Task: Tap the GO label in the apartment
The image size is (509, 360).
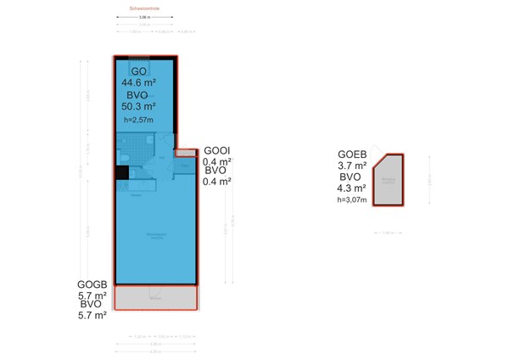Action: tap(138, 70)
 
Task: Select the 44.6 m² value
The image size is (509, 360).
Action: tap(138, 82)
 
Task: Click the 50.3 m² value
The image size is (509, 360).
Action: tap(138, 107)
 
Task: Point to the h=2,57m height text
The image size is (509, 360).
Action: tap(137, 121)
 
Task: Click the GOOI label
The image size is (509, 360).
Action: tap(217, 151)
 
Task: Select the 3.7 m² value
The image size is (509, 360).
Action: tap(351, 166)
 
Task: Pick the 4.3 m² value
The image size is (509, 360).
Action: tap(351, 188)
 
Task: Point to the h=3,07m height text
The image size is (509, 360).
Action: tap(351, 200)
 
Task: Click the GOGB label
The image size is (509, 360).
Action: tap(92, 284)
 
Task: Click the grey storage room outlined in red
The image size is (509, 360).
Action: tap(389, 182)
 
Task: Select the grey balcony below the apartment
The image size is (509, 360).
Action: tap(155, 297)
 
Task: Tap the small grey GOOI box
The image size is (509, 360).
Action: tap(186, 153)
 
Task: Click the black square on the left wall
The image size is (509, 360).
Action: tap(121, 173)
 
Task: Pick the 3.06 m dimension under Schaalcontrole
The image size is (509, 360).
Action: tap(145, 17)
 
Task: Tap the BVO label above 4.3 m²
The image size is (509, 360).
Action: tap(351, 177)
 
